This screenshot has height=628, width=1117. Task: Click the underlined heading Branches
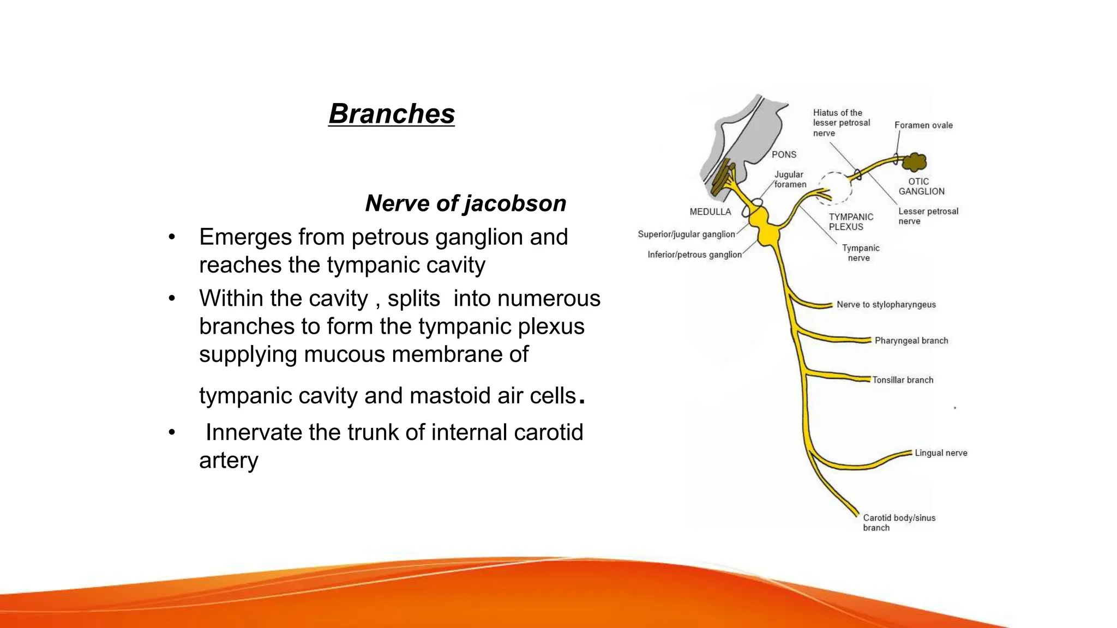click(x=391, y=114)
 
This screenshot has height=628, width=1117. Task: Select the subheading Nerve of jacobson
click(x=465, y=203)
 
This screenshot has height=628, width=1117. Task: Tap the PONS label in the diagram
click(x=784, y=155)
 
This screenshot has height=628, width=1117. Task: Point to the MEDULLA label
click(x=710, y=212)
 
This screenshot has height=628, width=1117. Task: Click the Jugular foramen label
click(x=790, y=179)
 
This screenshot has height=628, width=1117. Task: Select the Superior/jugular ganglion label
click(x=686, y=234)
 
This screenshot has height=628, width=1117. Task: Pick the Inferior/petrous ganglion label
click(x=694, y=255)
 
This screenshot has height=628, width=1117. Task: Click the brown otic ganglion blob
click(x=915, y=162)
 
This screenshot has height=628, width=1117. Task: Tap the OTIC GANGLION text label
click(x=921, y=186)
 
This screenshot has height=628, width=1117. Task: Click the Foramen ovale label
click(x=923, y=125)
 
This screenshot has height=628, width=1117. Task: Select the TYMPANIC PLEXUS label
click(x=850, y=222)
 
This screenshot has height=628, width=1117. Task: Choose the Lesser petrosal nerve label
click(x=928, y=216)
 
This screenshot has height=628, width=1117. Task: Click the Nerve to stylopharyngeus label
click(x=886, y=305)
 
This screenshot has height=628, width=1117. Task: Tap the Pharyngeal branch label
click(x=911, y=341)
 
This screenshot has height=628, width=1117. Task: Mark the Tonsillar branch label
click(x=902, y=380)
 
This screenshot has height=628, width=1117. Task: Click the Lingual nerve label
click(x=940, y=453)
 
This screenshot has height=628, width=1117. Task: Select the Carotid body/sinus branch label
click(x=898, y=523)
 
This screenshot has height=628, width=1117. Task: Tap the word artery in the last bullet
click(x=229, y=461)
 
